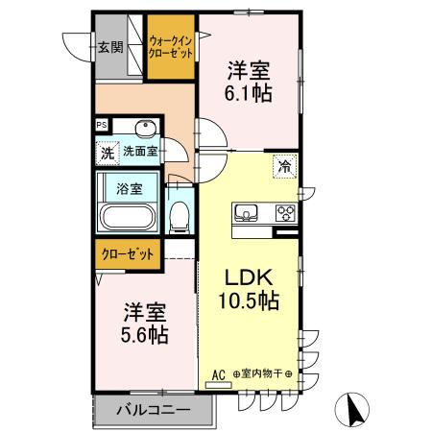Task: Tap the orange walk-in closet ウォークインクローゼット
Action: (x=172, y=47)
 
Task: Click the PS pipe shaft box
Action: (x=101, y=124)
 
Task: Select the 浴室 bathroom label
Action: (x=131, y=188)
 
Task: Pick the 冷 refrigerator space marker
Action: (x=285, y=167)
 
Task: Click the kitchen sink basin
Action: (x=244, y=211)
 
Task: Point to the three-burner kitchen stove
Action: (x=285, y=212)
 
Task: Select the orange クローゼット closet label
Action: (x=128, y=254)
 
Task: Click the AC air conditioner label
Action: (x=217, y=372)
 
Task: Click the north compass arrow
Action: (x=354, y=410)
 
